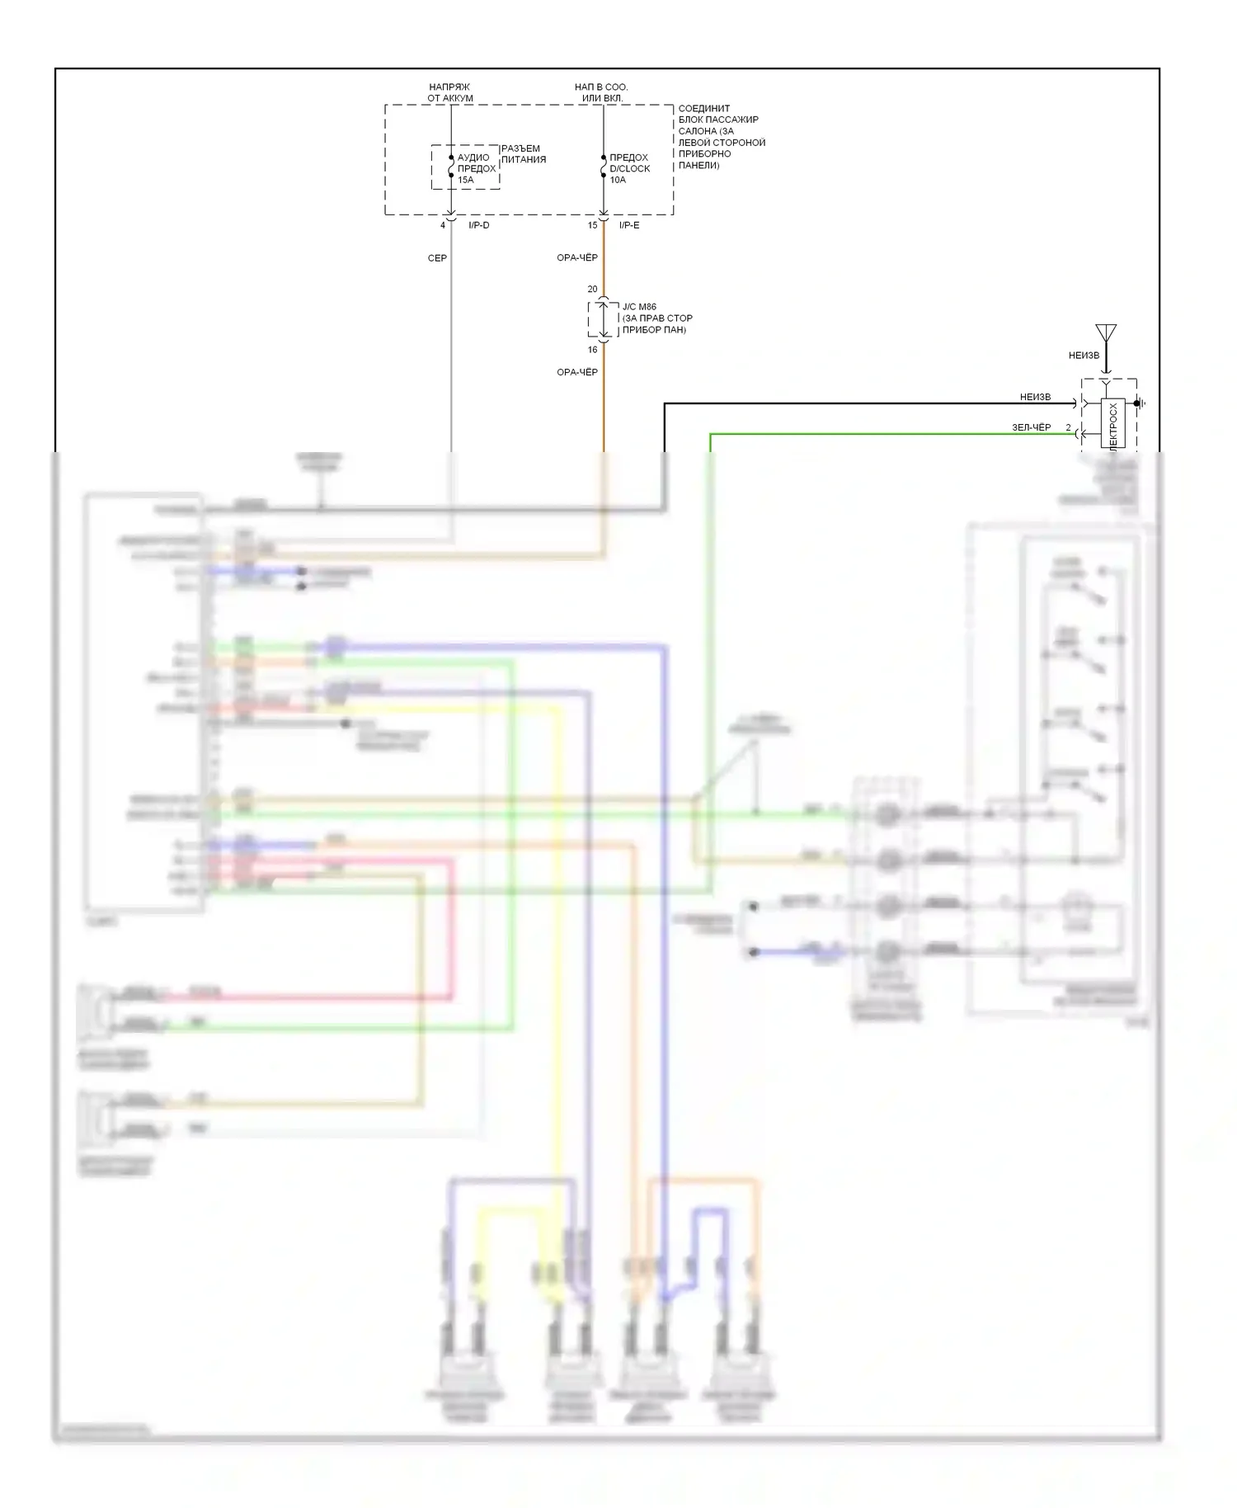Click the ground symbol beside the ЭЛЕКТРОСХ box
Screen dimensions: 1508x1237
[1140, 403]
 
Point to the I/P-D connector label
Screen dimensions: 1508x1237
[478, 225]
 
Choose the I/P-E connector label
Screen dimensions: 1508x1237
[629, 225]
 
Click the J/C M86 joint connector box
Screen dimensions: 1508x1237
[603, 319]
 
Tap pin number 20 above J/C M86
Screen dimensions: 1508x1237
[592, 290]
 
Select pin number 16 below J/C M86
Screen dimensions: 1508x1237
[592, 350]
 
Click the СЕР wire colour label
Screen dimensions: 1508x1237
[437, 258]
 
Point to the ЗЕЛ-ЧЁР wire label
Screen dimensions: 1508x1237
[1032, 427]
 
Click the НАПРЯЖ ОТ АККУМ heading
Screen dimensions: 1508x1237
[449, 92]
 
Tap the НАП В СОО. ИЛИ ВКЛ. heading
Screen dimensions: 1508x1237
[601, 92]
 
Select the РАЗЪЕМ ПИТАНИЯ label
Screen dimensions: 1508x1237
[523, 154]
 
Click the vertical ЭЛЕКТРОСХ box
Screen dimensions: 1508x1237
[1112, 424]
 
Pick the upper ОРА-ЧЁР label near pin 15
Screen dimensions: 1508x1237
[577, 258]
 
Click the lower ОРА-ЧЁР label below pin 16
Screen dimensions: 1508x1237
[577, 372]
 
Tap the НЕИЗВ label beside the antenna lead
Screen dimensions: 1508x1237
[1084, 356]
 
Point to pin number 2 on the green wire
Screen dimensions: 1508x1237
[1068, 427]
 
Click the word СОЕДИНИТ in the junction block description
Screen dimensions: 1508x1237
[703, 108]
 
